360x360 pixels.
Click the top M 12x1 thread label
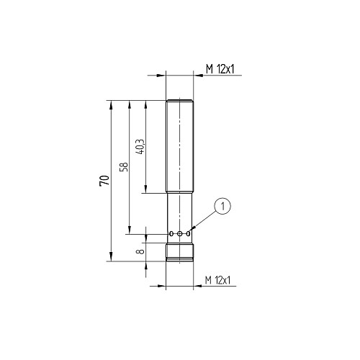pyautogui.click(x=220, y=69)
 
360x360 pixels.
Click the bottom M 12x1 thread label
pyautogui.click(x=217, y=280)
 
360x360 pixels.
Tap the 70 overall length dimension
pyautogui.click(x=104, y=181)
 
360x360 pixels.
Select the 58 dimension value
pyautogui.click(x=124, y=167)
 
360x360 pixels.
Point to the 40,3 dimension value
pyautogui.click(x=140, y=147)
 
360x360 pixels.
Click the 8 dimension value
pyautogui.click(x=140, y=251)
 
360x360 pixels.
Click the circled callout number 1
pyautogui.click(x=222, y=206)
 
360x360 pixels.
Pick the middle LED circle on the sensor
pyautogui.click(x=179, y=233)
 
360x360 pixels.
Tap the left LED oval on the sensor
pyautogui.click(x=171, y=233)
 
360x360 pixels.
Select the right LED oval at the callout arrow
pyautogui.click(x=189, y=233)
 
